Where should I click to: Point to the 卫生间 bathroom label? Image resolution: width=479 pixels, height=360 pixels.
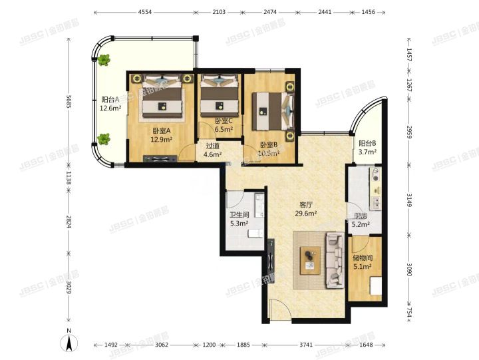[x=239, y=215]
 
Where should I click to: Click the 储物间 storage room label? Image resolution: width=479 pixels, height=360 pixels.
[x=363, y=258]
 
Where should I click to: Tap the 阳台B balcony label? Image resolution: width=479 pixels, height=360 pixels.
[x=368, y=143]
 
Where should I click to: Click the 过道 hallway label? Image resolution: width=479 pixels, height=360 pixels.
[x=212, y=146]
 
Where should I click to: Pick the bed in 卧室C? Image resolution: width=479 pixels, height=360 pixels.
[x=219, y=97]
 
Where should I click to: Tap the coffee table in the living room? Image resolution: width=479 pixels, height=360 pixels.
[x=309, y=258]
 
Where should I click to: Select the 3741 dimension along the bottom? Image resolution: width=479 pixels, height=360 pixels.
[x=305, y=345]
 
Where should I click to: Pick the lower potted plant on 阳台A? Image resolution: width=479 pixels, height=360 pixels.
[x=104, y=138]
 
